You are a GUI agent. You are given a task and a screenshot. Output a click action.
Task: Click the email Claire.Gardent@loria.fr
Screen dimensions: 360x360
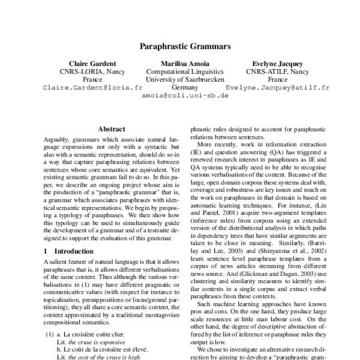coord(92,87)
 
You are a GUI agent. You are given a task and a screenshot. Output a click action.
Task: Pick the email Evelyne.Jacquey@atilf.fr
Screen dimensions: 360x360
coord(278,87)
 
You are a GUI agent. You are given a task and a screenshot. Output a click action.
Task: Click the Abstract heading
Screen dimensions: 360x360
coord(111,129)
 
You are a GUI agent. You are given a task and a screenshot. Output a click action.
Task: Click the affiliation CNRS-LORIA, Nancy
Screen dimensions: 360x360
coord(92,71)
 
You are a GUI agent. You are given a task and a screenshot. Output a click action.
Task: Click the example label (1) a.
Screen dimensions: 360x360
coord(55,333)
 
